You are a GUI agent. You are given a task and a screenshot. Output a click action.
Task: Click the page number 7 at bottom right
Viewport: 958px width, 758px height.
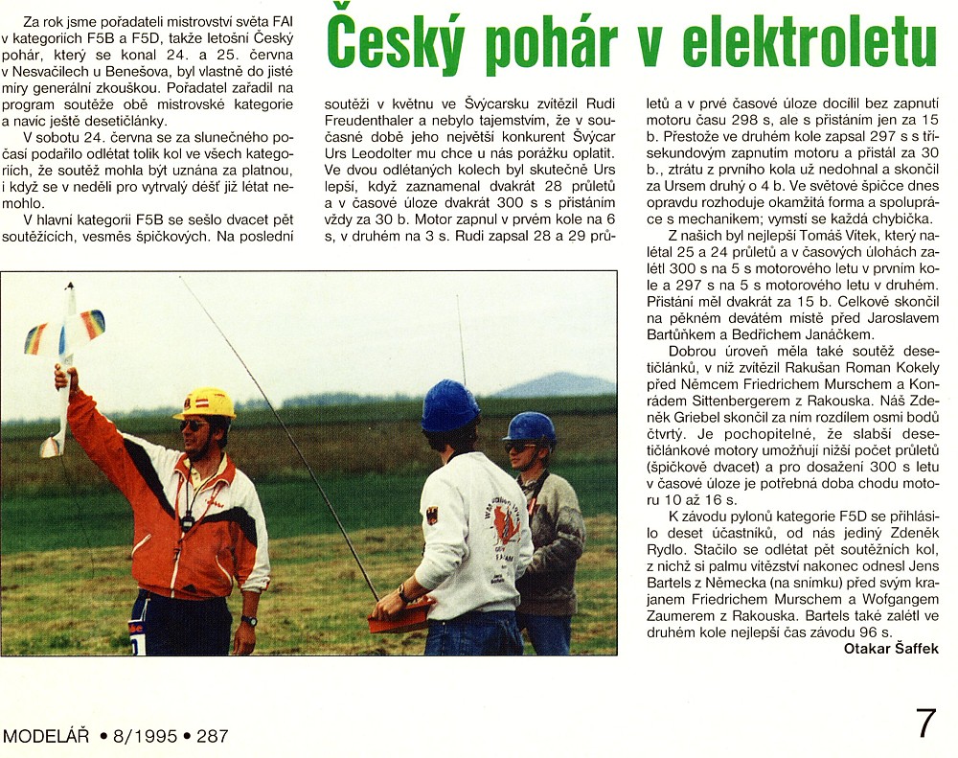coord(925,724)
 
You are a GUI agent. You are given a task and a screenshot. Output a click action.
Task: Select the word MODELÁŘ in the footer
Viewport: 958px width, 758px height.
coord(46,737)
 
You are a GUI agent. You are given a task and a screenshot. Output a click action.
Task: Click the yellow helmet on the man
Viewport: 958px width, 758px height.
coord(205,402)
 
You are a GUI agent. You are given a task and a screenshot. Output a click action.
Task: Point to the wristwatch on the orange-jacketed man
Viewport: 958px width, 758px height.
coord(249,621)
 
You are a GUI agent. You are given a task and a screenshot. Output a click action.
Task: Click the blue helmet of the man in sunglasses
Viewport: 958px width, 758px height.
coord(530,426)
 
